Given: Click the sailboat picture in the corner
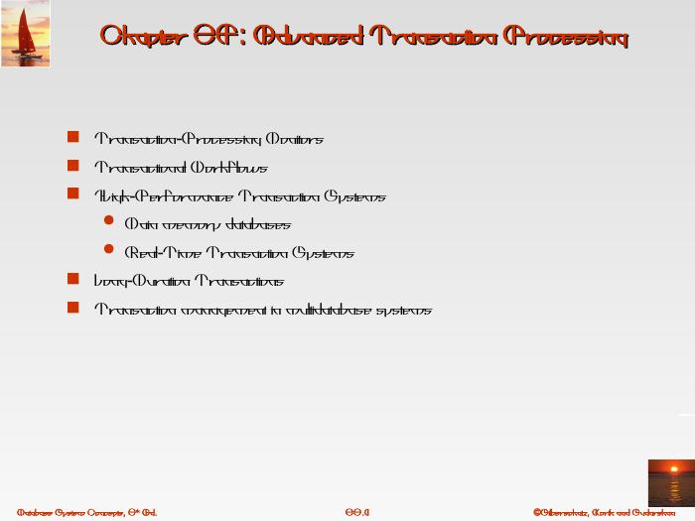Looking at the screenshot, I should click(25, 34).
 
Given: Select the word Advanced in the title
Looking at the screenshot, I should click(307, 37).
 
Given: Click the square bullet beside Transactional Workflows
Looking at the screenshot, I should click(72, 167).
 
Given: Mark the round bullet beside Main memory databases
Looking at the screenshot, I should click(109, 223).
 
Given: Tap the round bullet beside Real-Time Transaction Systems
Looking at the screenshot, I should click(109, 251).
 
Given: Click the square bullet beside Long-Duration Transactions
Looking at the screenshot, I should click(72, 280).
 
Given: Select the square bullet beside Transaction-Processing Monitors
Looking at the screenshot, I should click(72, 138).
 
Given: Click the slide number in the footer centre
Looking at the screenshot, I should click(356, 512).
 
